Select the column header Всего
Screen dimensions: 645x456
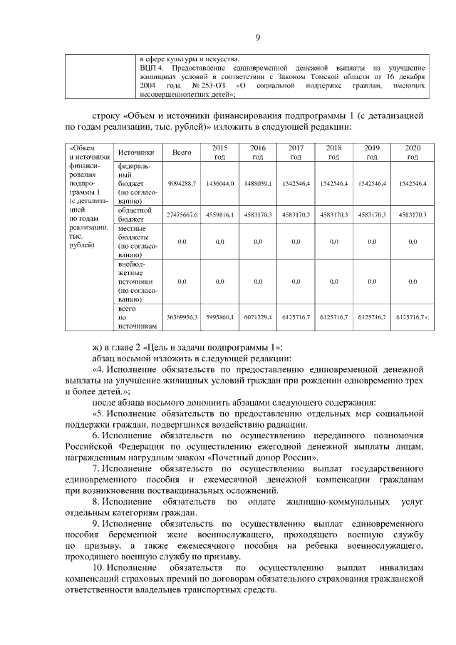coord(182,152)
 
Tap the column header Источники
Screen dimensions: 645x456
coord(136,152)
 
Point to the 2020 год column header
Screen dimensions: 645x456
coord(413,152)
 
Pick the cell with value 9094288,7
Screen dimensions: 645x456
coord(182,183)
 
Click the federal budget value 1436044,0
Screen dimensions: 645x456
coord(220,183)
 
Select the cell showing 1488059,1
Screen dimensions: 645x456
coord(258,183)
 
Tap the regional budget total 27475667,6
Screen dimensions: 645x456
coord(182,215)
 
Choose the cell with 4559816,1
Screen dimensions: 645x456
coord(220,215)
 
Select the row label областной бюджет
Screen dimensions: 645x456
coord(134,215)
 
